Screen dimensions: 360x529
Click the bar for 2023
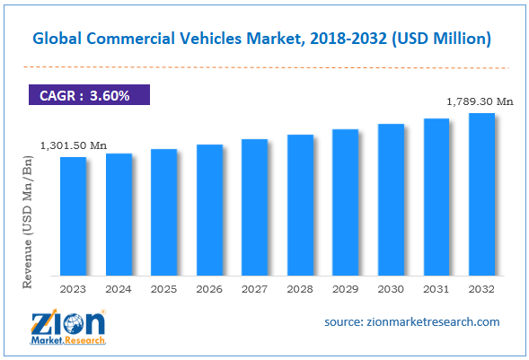tap(74, 216)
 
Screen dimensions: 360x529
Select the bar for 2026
tap(209, 210)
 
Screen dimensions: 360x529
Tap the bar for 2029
tap(346, 202)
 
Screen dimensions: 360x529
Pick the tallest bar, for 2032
tap(481, 194)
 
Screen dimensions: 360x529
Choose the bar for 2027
tap(255, 207)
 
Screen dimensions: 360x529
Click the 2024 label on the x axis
tap(119, 289)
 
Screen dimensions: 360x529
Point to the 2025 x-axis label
tap(164, 289)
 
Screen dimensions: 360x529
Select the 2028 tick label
tap(300, 289)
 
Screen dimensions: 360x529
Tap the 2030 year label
tap(391, 289)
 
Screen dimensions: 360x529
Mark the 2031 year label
tap(436, 289)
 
